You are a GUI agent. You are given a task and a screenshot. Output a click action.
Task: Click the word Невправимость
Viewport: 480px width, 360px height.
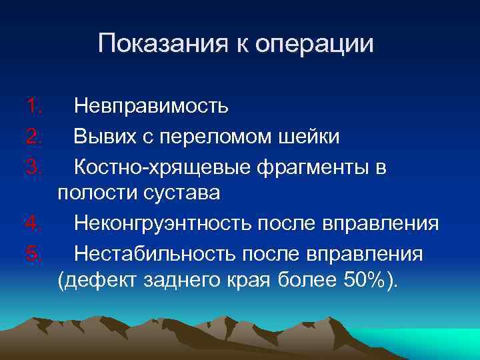(x=151, y=105)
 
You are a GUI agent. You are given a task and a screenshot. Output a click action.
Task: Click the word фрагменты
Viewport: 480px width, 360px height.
(x=307, y=167)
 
